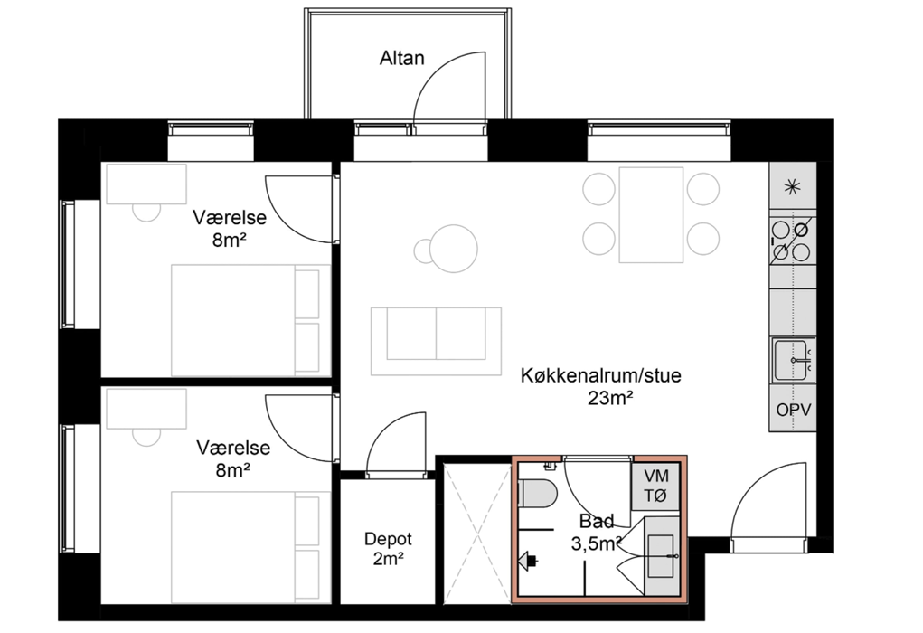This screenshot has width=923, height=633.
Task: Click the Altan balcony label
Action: pos(401,58)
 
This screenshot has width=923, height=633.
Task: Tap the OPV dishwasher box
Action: pos(793,409)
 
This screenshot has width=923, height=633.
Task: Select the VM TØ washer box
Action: pos(655,486)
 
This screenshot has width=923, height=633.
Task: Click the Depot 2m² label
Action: pos(388,548)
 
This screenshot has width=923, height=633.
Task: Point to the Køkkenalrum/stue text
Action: pos(600,375)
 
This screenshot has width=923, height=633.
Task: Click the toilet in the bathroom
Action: pos(537,493)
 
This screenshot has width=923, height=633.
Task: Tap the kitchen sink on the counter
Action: pos(792,360)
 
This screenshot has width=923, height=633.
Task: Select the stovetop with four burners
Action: pos(792,241)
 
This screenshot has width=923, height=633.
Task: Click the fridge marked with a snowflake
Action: pos(792,186)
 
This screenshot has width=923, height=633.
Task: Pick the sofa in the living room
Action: pos(437,340)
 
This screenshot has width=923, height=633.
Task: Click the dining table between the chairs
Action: pos(651,215)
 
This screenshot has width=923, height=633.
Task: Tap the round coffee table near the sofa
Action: pos(453,249)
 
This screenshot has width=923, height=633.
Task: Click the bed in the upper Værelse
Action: pos(250,320)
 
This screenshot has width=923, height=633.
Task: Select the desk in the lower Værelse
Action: pos(146,409)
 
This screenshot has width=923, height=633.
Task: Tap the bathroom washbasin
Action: pos(662,556)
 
